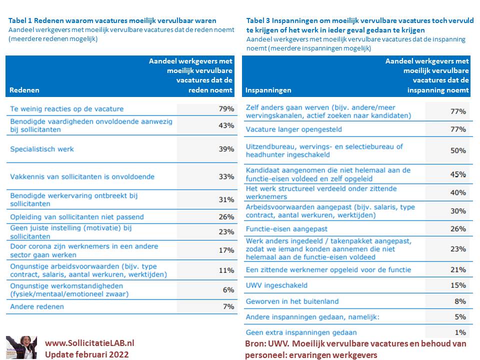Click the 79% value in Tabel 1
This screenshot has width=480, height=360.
click(x=226, y=109)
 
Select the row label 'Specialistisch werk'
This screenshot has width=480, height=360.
click(x=42, y=149)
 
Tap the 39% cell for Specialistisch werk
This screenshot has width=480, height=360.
click(x=226, y=149)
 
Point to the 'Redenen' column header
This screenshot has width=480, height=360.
click(x=24, y=90)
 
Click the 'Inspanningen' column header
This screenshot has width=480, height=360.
click(x=268, y=90)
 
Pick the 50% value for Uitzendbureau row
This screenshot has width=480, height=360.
click(x=458, y=150)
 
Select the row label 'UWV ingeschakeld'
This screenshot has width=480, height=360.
click(x=276, y=285)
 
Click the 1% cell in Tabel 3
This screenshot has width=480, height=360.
click(x=460, y=332)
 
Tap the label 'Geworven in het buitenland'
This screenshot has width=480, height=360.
click(x=292, y=301)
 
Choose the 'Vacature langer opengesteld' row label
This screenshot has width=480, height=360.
click(x=294, y=129)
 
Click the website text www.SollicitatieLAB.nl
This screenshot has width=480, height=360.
click(x=89, y=343)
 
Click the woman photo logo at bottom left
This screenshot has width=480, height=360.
click(x=21, y=347)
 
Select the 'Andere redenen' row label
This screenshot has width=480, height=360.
click(x=37, y=306)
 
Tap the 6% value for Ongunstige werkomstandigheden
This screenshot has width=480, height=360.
click(x=228, y=290)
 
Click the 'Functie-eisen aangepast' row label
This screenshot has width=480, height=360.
click(x=286, y=228)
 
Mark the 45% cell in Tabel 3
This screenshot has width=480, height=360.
click(x=458, y=174)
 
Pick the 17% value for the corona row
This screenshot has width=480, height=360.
click(x=226, y=250)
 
